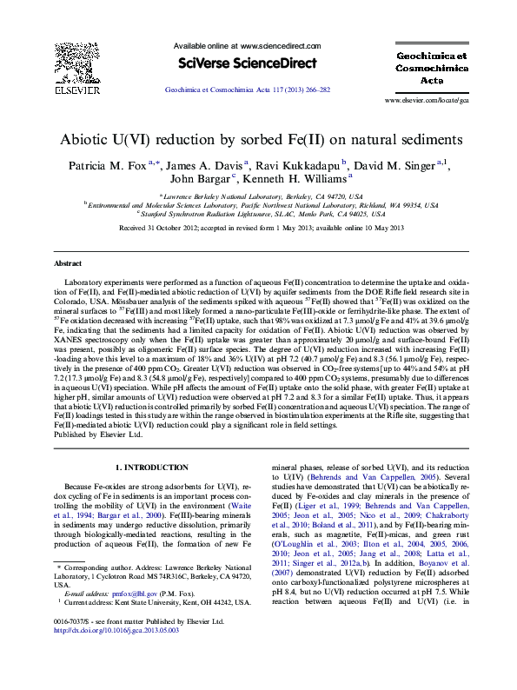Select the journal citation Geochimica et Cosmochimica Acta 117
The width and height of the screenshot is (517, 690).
tap(247, 90)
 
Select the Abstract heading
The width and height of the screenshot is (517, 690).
tap(68, 262)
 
